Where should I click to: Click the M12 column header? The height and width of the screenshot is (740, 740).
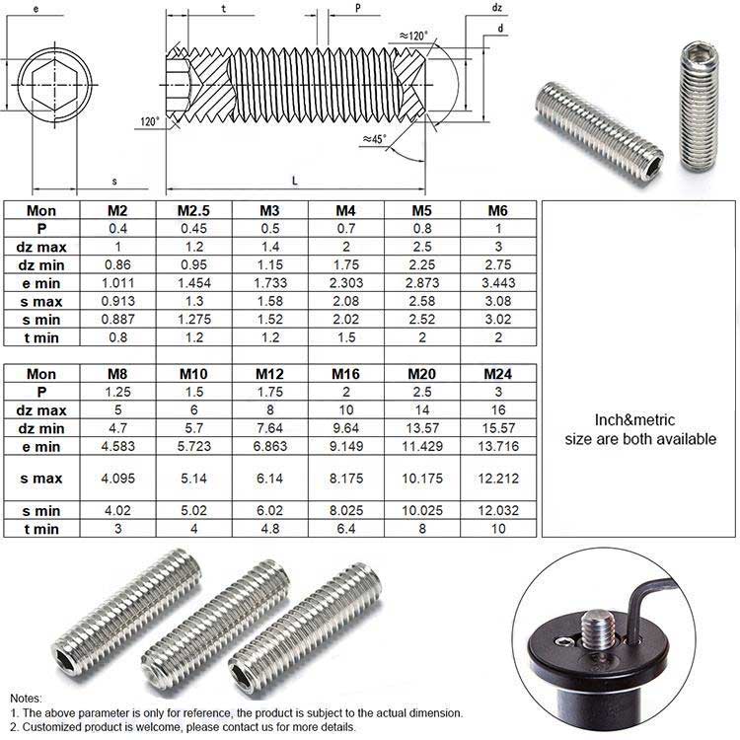[x=270, y=374]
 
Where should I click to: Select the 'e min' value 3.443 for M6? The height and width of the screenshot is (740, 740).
[x=498, y=282]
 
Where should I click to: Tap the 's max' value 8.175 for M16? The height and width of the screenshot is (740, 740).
[x=346, y=479]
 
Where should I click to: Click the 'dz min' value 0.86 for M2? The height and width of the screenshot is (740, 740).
[x=117, y=264]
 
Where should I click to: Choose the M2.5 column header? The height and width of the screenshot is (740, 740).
[x=193, y=210]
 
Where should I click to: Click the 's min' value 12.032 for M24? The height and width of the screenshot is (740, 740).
[x=498, y=510]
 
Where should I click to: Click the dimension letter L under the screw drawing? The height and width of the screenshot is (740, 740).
[x=295, y=179]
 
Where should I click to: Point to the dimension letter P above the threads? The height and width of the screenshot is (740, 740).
[x=356, y=8]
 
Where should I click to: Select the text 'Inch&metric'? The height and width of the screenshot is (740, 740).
[x=640, y=418]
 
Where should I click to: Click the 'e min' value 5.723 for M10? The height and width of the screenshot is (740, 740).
[x=193, y=446]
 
